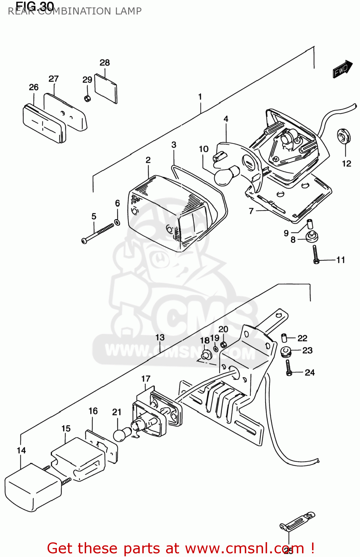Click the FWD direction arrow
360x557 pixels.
point(342,69)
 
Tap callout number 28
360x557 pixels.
point(105,63)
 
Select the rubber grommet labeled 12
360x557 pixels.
point(344,136)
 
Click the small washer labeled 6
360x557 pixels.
point(117,222)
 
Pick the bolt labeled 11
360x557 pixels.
point(315,255)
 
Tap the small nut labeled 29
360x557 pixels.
point(88,98)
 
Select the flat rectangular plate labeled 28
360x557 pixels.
point(106,89)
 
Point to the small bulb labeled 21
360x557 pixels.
point(122,434)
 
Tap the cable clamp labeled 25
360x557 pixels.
point(297,522)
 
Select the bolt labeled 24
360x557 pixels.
point(289,368)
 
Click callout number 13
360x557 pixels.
point(160,338)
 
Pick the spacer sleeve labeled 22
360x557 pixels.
point(285,338)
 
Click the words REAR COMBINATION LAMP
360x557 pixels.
point(75,11)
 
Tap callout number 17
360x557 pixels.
point(146,379)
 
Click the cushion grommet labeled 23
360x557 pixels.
point(285,351)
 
